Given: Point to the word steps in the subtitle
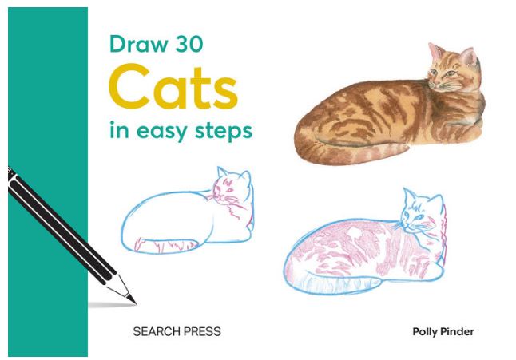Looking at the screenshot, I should point(226,131).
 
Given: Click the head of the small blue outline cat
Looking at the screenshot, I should point(232,189).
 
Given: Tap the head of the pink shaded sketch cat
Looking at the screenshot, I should point(420,212).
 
